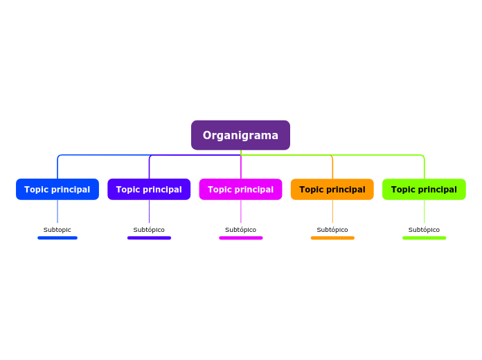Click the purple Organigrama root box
(240, 135)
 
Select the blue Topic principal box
(57, 189)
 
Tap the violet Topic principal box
(149, 189)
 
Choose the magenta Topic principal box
(240, 189)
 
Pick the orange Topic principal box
(332, 189)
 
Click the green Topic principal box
(424, 189)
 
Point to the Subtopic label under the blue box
(57, 230)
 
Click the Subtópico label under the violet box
(149, 230)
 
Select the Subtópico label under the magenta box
(240, 230)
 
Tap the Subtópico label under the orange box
(332, 230)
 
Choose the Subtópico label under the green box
(424, 230)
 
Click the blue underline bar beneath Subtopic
(57, 238)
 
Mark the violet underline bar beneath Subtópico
(149, 238)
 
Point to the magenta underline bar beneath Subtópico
(240, 238)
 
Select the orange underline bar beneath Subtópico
(332, 238)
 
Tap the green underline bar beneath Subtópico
(424, 238)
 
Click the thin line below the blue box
(57, 211)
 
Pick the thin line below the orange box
(332, 211)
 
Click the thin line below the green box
(425, 211)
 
